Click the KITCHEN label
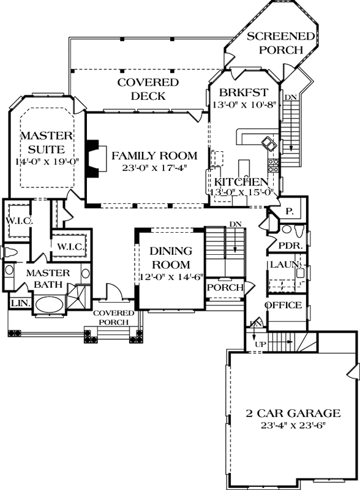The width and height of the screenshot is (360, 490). click(241, 182)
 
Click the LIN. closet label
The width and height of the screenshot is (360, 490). click(17, 303)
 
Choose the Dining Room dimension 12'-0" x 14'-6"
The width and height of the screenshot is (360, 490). click(170, 276)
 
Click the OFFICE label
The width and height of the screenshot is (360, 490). click(283, 305)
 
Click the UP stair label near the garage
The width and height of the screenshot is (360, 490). click(260, 344)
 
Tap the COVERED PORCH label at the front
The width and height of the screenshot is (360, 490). click(111, 317)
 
